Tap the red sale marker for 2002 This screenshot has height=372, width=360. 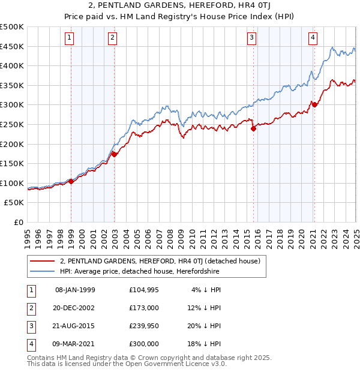click(x=114, y=154)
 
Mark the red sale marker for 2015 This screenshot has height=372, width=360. click(x=253, y=127)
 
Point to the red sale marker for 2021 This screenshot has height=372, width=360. click(x=314, y=104)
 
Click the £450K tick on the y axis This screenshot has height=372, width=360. click(x=13, y=46)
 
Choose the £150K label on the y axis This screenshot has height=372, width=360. click(x=13, y=163)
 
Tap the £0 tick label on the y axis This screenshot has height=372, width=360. click(x=19, y=222)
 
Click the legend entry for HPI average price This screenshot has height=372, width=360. click(x=140, y=271)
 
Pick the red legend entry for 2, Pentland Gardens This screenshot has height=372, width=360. click(x=160, y=261)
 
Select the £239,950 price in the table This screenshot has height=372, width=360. click(x=144, y=326)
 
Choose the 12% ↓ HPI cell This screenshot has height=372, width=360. click(x=205, y=308)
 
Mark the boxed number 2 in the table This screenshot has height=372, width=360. click(x=29, y=308)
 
